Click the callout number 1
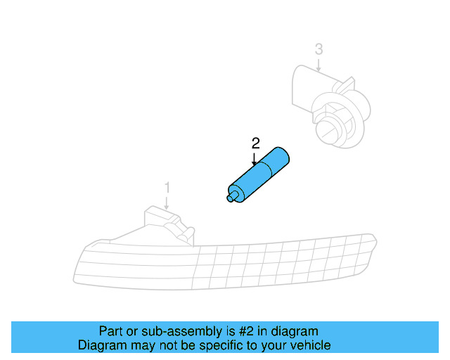pos(167,188)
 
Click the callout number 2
pos(256,143)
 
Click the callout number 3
pos(319,49)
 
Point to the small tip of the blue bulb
pos(231,199)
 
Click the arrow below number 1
pos(167,202)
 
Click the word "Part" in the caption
pos(110,331)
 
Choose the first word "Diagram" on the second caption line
pos(100,346)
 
